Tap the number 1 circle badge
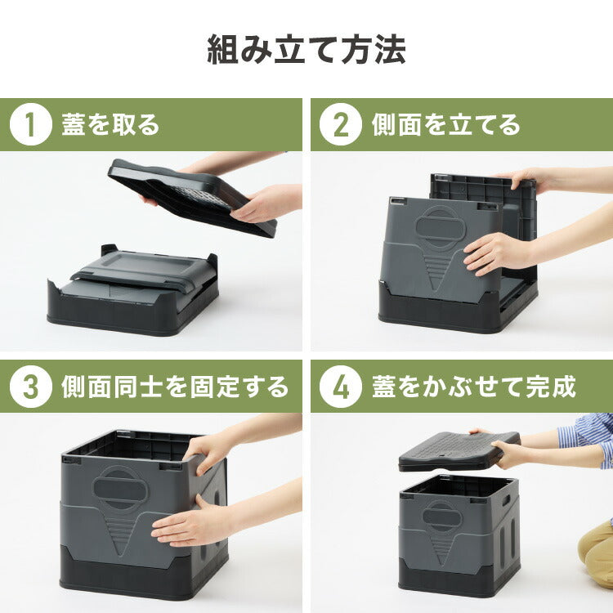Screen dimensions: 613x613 click(x=31, y=125)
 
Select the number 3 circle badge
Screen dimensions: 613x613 click(x=31, y=387)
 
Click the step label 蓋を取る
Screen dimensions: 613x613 click(x=110, y=125)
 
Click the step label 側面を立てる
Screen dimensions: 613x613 click(x=445, y=125)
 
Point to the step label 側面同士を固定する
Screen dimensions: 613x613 click(x=175, y=387)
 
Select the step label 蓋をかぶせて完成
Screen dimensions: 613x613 click(x=474, y=387)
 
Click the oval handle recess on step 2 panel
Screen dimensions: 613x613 click(x=440, y=226)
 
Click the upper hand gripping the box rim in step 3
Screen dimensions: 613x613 click(x=208, y=450)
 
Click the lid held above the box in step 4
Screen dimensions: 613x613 click(x=458, y=451)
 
